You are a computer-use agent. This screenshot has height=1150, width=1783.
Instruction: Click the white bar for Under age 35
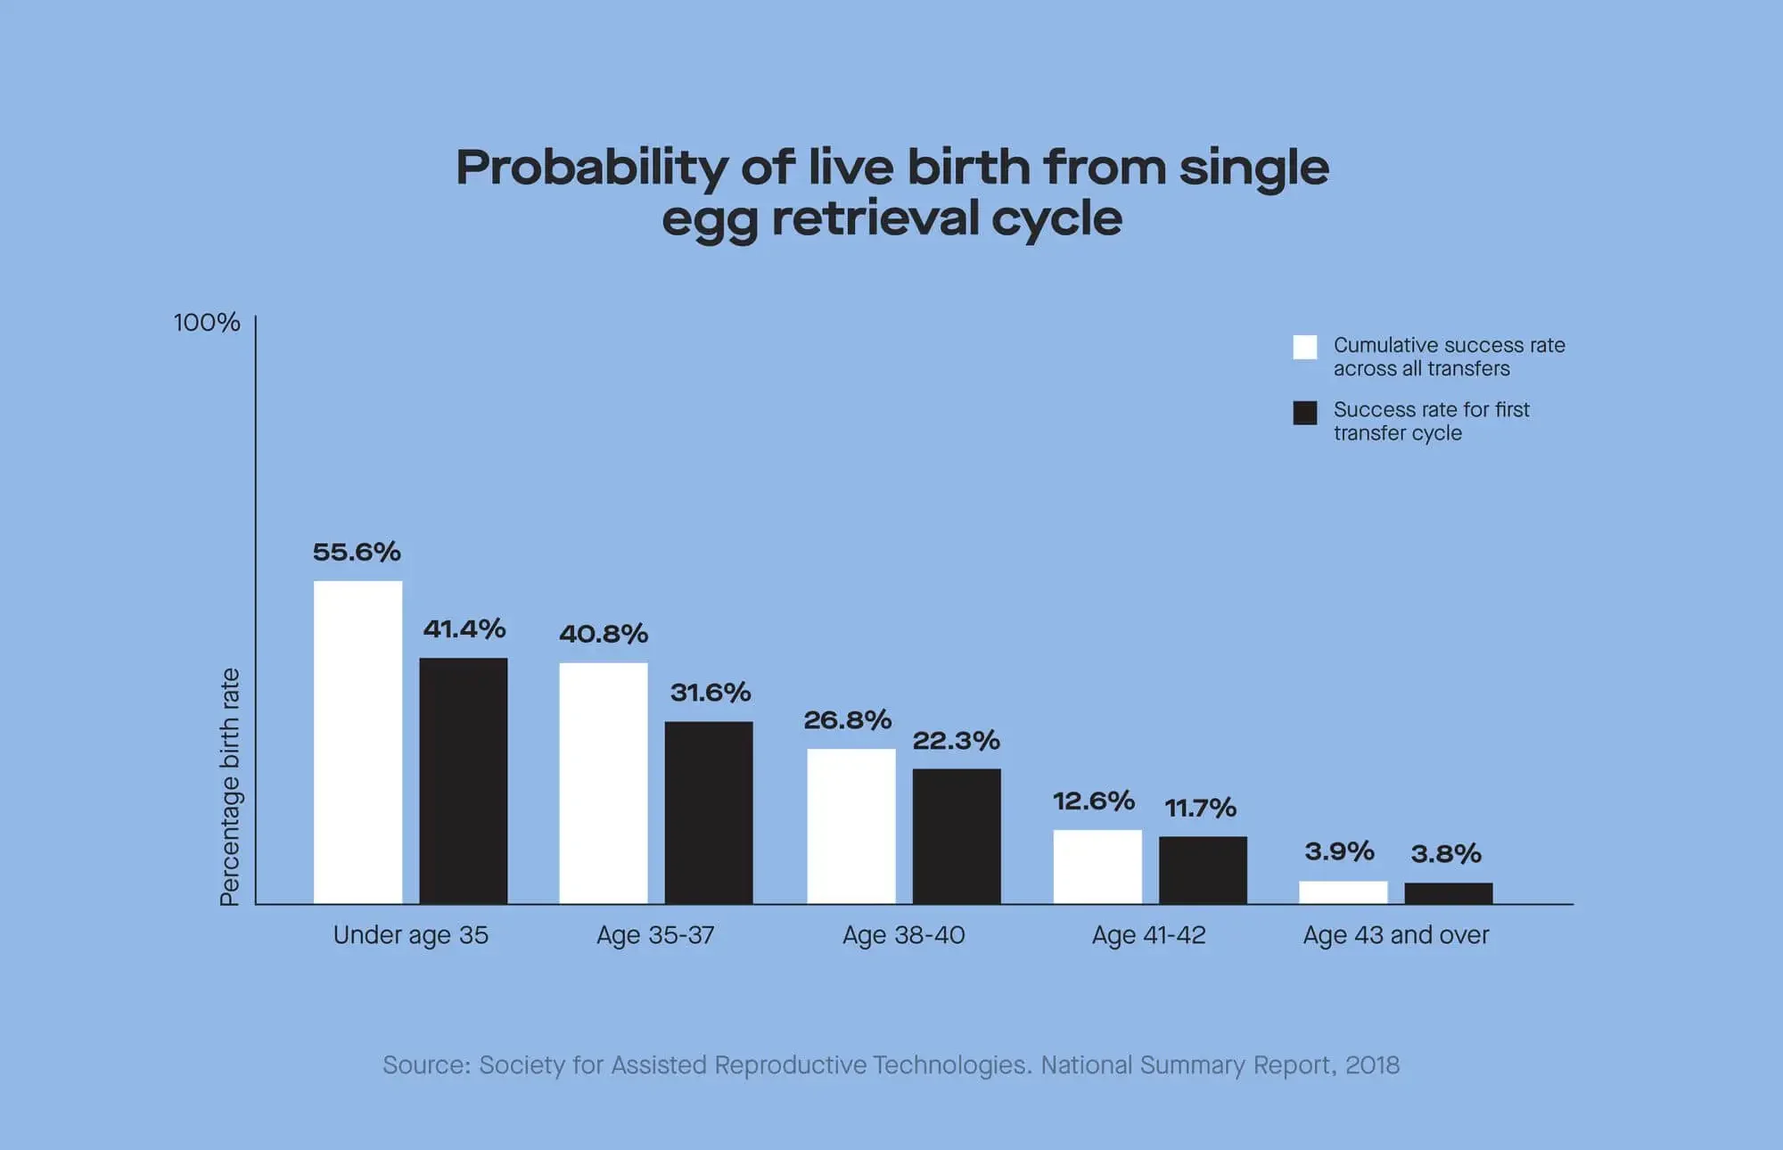click(x=357, y=742)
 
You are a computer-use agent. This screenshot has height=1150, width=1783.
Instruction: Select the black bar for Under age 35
click(x=463, y=781)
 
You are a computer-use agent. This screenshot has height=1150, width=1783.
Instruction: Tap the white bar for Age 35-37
click(x=604, y=783)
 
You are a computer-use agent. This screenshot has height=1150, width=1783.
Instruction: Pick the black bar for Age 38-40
click(x=957, y=836)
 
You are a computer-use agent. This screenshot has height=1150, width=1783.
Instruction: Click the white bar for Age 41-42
click(x=1097, y=867)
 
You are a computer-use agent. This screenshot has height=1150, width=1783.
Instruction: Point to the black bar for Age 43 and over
click(x=1448, y=893)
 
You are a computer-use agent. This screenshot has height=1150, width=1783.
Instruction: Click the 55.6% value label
click(x=357, y=552)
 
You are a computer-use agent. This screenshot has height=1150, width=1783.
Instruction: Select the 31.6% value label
click(x=711, y=693)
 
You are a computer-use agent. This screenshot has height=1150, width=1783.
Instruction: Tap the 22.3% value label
click(x=956, y=741)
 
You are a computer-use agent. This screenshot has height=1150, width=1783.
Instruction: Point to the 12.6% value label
click(x=1093, y=801)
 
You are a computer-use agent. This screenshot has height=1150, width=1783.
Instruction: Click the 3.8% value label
click(x=1445, y=854)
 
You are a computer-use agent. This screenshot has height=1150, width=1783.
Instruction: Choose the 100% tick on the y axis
click(x=207, y=323)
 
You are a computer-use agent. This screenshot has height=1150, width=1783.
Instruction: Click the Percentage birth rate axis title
click(x=230, y=786)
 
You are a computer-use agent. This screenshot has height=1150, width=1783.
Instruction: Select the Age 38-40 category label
click(x=903, y=935)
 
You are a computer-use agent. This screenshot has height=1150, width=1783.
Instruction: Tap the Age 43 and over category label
click(x=1395, y=935)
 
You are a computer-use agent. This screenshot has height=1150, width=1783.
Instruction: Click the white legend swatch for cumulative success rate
click(x=1304, y=347)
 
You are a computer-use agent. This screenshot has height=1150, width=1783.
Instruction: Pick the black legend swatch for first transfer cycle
click(x=1304, y=413)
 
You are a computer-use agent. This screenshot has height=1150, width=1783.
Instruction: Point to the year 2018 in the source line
click(x=1372, y=1065)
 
